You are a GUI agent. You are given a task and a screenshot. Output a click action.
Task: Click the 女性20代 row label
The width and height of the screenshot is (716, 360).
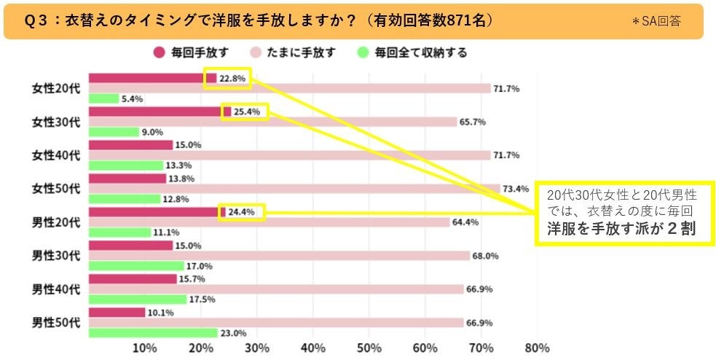point(55,88)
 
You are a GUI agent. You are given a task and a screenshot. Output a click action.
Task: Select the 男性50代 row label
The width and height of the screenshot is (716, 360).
point(55,321)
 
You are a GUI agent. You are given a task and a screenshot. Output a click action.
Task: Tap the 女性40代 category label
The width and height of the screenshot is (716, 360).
point(55,155)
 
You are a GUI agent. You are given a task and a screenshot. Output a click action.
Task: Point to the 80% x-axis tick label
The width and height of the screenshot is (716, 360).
point(537,347)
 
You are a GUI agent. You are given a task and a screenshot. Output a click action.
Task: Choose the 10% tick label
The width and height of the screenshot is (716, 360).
point(145,347)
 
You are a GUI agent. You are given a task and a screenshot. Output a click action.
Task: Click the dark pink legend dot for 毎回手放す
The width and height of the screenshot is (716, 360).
point(159,52)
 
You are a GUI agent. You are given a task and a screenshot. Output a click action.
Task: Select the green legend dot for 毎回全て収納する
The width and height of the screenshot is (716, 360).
point(363,52)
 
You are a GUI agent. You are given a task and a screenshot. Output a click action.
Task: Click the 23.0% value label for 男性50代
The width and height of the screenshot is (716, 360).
point(232,333)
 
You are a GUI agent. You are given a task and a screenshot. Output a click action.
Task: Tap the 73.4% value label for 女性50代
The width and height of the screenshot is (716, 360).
point(516,189)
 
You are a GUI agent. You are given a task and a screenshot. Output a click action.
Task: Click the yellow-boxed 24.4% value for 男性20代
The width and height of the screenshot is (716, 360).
point(243,212)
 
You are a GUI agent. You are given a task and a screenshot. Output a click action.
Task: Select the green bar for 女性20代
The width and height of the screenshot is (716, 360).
point(103,98)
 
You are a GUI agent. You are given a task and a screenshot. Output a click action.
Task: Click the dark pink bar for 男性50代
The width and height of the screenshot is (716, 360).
point(117,312)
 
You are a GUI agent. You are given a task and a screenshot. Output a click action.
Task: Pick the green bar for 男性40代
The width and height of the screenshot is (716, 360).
point(138,300)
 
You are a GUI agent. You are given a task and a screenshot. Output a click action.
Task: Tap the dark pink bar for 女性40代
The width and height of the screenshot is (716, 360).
point(130,145)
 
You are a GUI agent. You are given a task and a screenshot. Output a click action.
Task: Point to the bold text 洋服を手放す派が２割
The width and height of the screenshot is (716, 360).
point(621,229)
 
